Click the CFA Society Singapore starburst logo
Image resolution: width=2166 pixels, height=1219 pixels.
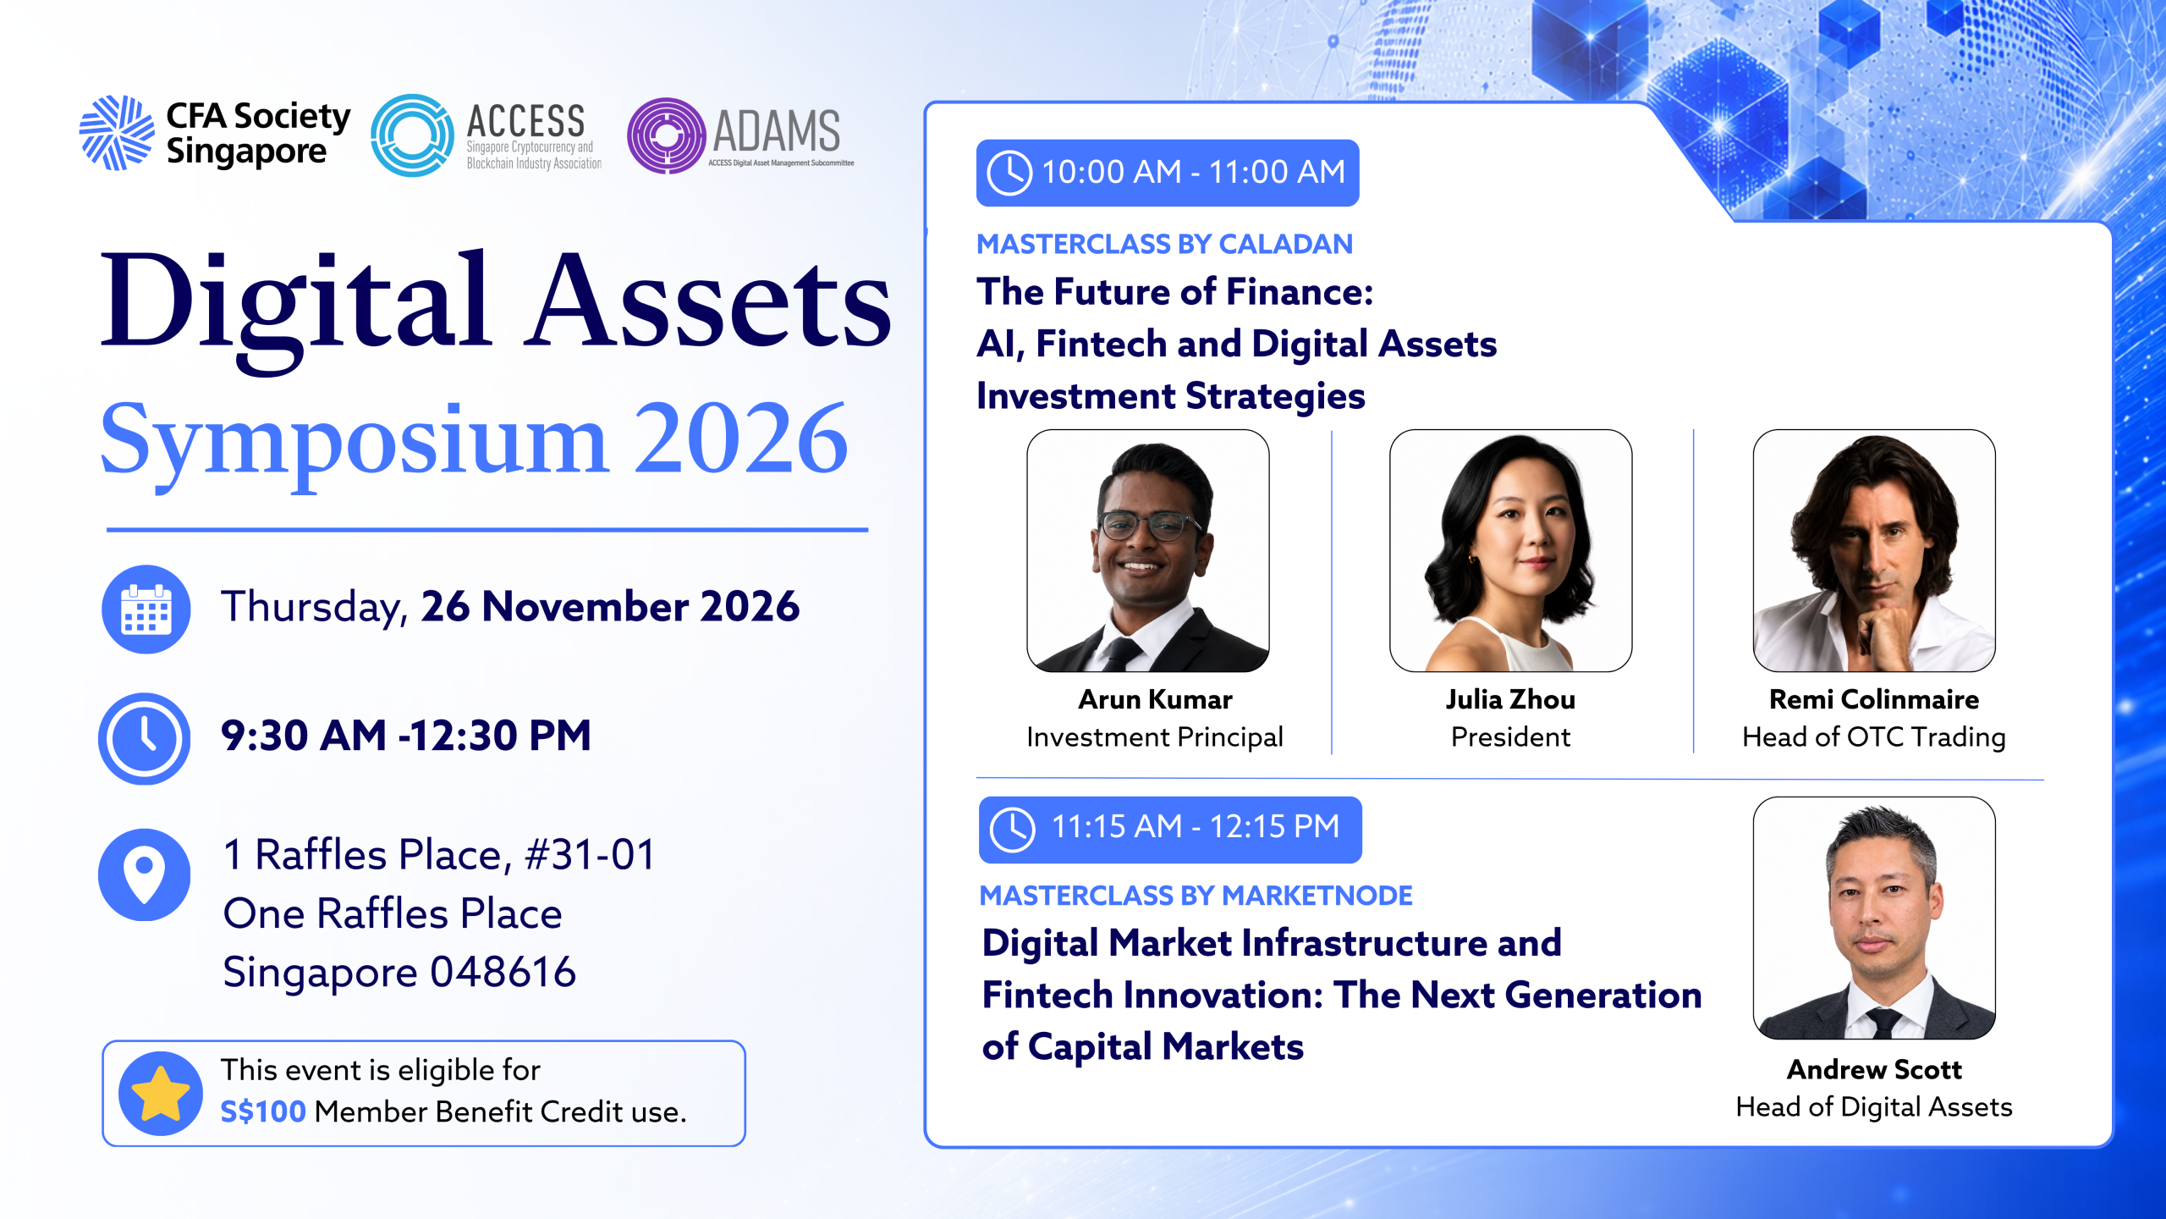(117, 133)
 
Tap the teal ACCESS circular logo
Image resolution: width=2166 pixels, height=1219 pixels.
(413, 135)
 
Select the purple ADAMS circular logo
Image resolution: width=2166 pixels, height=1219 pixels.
(667, 136)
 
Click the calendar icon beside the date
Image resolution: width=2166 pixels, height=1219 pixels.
(146, 609)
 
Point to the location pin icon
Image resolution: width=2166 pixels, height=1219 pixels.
(145, 874)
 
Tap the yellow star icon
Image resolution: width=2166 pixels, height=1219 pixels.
(161, 1093)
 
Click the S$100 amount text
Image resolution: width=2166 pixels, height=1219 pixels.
(263, 1111)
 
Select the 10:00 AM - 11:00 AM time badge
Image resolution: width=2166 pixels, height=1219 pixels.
(1168, 173)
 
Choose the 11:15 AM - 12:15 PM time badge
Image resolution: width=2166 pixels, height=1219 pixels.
(1170, 830)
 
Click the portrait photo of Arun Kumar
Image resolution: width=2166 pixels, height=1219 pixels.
(1148, 551)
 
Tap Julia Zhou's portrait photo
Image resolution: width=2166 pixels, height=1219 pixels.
(1511, 551)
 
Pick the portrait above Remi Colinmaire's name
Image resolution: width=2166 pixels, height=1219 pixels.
(1874, 551)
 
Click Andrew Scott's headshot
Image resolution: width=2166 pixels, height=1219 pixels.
(1874, 918)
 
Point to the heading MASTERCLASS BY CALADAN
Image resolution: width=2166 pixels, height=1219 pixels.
(1165, 244)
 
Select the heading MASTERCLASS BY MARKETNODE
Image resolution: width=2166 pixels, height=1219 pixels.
(1196, 896)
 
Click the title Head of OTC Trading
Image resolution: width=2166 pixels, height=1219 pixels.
(1874, 737)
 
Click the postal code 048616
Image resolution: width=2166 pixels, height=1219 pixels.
(503, 972)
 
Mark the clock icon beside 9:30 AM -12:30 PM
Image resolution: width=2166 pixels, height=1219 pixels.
(145, 738)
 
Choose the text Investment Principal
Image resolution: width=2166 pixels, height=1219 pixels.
(1155, 738)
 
